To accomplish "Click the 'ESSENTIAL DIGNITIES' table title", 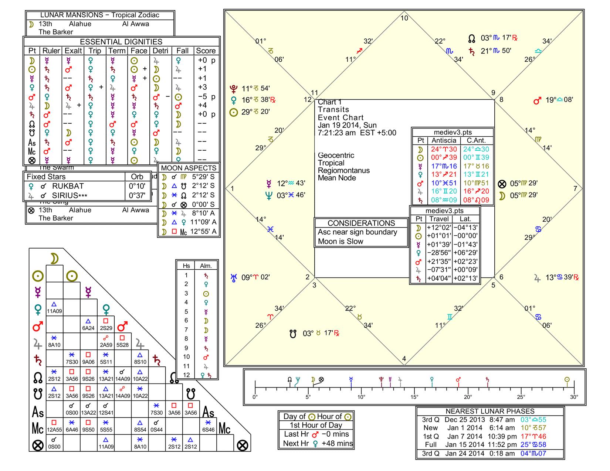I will (x=121, y=42).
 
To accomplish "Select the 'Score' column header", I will (x=206, y=51).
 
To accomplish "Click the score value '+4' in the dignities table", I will (x=203, y=105).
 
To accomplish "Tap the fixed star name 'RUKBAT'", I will (x=68, y=186).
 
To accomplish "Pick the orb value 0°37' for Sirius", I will (x=137, y=195).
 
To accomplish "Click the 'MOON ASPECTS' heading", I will (x=189, y=168).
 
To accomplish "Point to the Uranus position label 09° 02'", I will (x=255, y=277).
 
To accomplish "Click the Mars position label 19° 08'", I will (x=559, y=100).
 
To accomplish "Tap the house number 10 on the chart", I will (x=404, y=18).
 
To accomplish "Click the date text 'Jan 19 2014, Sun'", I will (x=347, y=125).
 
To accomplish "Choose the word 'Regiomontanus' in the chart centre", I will (x=344, y=171).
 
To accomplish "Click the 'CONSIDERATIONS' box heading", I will (x=361, y=223).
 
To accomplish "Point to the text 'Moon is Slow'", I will (x=340, y=242).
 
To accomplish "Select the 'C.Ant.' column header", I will (x=476, y=141).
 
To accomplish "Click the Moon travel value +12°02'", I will (x=439, y=228).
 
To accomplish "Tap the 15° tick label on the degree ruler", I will (x=414, y=397).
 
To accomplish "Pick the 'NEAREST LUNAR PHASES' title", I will (x=490, y=412).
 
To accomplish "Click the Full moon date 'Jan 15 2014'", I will (x=465, y=445).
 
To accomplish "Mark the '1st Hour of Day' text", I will (x=316, y=425).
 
